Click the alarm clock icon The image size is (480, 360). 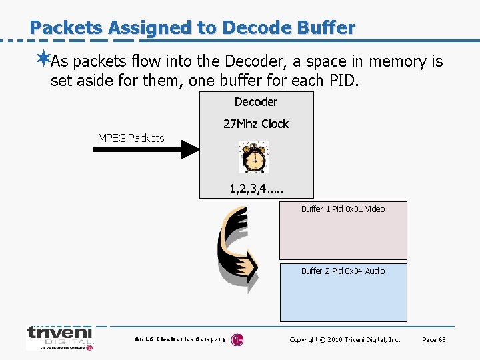click(x=253, y=157)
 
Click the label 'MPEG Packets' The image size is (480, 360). click(x=131, y=138)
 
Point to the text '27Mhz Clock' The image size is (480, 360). click(x=256, y=124)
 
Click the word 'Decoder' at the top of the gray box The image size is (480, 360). click(x=256, y=102)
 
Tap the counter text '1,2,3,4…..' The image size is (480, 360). click(x=257, y=189)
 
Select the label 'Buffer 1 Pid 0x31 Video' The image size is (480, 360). click(x=343, y=209)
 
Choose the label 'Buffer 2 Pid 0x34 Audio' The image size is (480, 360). click(x=343, y=271)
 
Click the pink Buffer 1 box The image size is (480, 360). click(x=343, y=237)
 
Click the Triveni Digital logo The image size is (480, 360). click(x=59, y=337)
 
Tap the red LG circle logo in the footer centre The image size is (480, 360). click(x=237, y=340)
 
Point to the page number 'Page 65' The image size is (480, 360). click(x=433, y=340)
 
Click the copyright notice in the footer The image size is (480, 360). click(x=345, y=340)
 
